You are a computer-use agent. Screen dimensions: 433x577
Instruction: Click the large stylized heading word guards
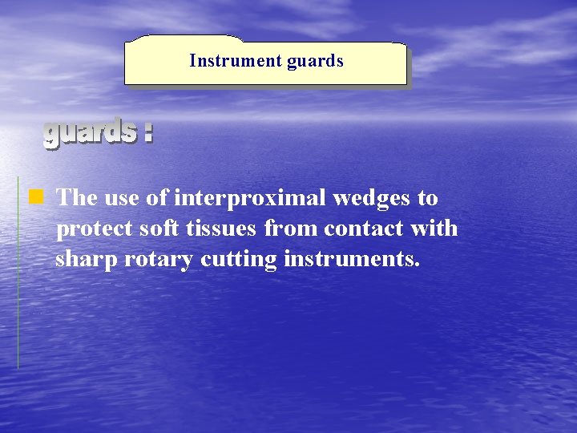(x=89, y=132)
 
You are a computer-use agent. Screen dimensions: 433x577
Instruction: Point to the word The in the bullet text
(x=76, y=197)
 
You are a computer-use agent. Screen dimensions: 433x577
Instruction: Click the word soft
(x=163, y=229)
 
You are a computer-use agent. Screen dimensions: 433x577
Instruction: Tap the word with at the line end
(x=434, y=229)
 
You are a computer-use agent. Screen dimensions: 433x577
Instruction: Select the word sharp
(x=87, y=261)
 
